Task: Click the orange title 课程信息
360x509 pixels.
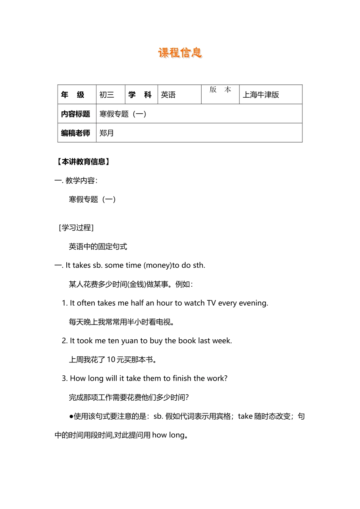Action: coord(180,53)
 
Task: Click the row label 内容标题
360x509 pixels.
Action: coord(75,114)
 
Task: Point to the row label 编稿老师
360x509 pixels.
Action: coord(75,133)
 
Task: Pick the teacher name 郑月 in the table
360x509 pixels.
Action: coord(106,133)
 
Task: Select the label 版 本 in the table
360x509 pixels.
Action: coord(220,90)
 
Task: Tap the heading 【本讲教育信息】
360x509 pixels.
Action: coord(83,162)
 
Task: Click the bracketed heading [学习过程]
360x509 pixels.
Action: coord(76,228)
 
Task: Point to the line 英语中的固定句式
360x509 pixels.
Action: coord(98,247)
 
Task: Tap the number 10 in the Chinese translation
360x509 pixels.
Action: coord(111,359)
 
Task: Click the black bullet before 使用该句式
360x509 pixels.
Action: coord(71,416)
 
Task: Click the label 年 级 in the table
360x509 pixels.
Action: coord(73,95)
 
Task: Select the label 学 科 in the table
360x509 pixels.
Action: coord(140,95)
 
